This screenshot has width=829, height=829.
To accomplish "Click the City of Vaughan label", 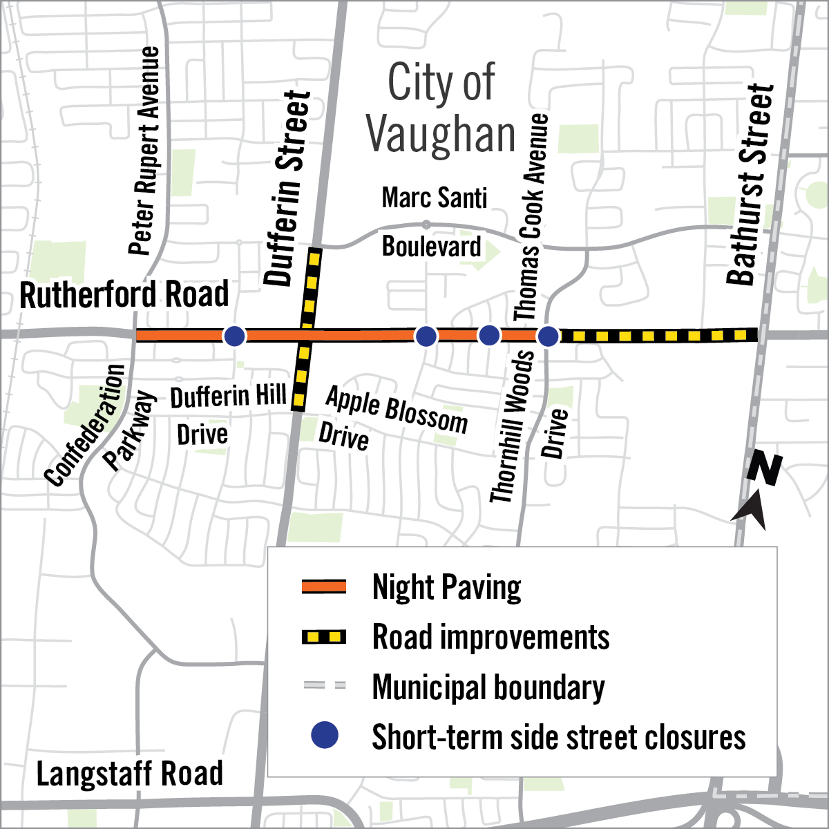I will pyautogui.click(x=441, y=108).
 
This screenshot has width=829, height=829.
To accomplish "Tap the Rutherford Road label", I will pyautogui.click(x=124, y=295).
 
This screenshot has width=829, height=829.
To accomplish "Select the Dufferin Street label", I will pyautogui.click(x=288, y=188).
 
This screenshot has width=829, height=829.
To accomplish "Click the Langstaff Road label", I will pyautogui.click(x=130, y=774).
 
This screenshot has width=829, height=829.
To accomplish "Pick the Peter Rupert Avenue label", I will pyautogui.click(x=145, y=151).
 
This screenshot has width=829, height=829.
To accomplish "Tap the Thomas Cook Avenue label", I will pyautogui.click(x=531, y=217).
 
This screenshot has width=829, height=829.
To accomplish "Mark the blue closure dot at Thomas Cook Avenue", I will pyautogui.click(x=548, y=336).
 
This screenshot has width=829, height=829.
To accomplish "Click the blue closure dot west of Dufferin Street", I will pyautogui.click(x=235, y=336).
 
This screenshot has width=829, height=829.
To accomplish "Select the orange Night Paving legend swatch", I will pyautogui.click(x=324, y=587).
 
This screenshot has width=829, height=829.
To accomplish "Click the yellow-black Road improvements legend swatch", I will pyautogui.click(x=324, y=637).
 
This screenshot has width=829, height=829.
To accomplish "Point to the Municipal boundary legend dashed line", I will pyautogui.click(x=324, y=686).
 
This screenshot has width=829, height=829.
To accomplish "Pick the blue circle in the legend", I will pyautogui.click(x=324, y=736).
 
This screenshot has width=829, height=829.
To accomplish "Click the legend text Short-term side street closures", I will pyautogui.click(x=559, y=737).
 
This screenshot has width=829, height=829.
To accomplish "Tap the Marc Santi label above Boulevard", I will pyautogui.click(x=435, y=198).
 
